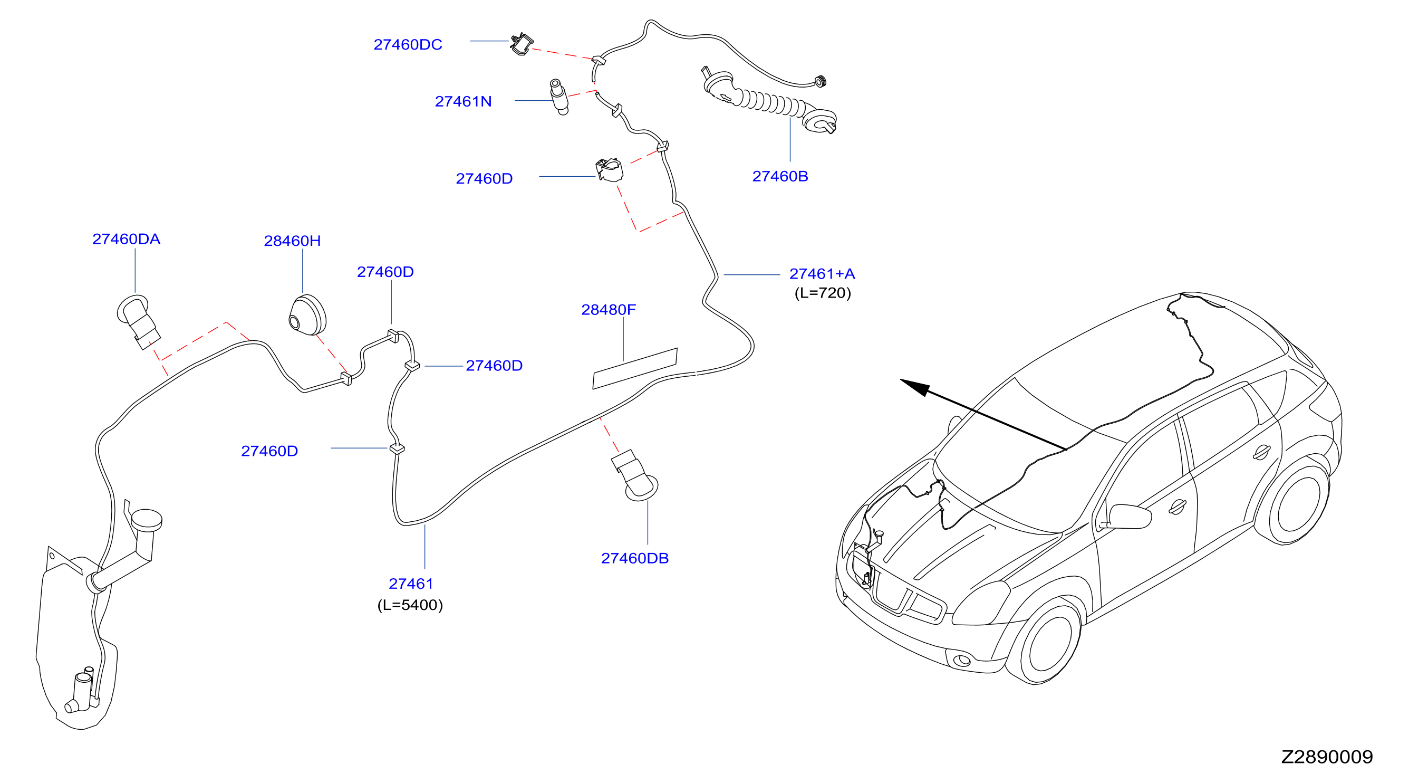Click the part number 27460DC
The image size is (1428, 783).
tap(408, 44)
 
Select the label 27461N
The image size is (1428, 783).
tap(463, 101)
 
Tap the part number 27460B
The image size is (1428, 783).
tap(780, 176)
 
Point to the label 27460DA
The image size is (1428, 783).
tap(126, 239)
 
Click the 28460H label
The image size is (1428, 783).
tap(292, 241)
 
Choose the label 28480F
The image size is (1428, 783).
tap(608, 309)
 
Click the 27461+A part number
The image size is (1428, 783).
tap(822, 273)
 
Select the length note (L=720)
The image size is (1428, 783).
tap(823, 293)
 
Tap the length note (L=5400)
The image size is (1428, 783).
tap(410, 605)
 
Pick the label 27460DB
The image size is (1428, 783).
tap(635, 558)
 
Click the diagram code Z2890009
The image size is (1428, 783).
tap(1327, 757)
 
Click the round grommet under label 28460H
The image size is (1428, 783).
tap(307, 316)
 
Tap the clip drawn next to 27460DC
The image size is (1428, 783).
tap(522, 44)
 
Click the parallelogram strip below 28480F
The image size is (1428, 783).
tap(635, 369)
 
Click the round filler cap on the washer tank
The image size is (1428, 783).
tap(147, 519)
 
